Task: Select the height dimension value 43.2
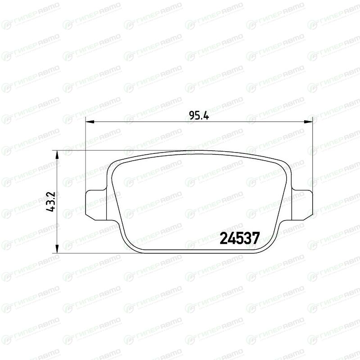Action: [x=50, y=201]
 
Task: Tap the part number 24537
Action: [x=240, y=238]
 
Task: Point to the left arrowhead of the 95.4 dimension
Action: [x=90, y=121]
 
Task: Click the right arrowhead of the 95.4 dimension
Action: [x=308, y=121]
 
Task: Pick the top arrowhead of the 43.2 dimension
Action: [x=57, y=155]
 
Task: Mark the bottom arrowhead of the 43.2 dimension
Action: [x=57, y=249]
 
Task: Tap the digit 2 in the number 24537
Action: [x=224, y=238]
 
